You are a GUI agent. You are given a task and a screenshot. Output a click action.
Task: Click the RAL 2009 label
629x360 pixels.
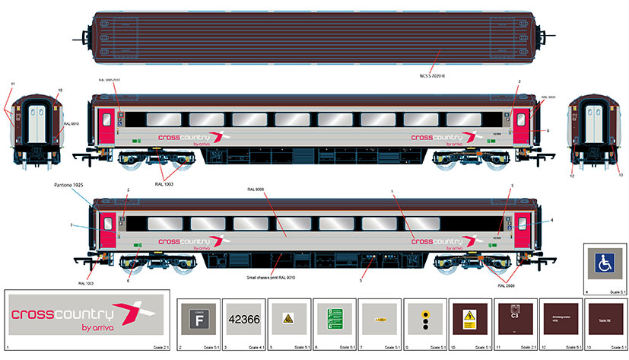click(507, 285)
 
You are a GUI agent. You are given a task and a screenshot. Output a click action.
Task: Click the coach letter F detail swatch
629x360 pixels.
click(198, 320)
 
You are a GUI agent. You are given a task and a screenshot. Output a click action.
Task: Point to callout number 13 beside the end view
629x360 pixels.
click(620, 174)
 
